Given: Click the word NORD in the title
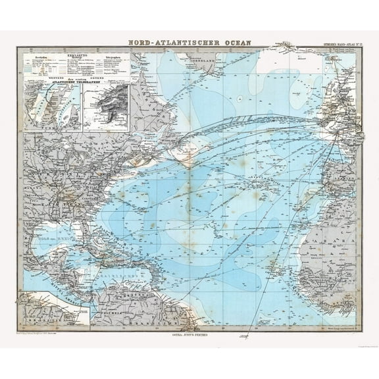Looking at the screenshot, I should click(143, 41).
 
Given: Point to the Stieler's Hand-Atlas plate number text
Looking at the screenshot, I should click(338, 45).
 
